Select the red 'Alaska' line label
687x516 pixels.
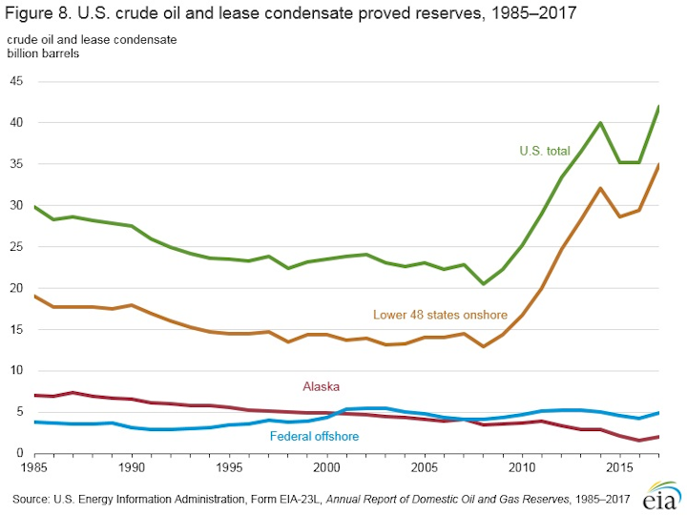tap(322, 386)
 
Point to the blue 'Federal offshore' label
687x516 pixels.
tap(315, 437)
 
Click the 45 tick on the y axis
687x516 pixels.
tap(17, 81)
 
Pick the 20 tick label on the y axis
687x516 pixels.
tap(17, 288)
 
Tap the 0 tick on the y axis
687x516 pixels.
tap(21, 454)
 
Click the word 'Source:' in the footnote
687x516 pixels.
tap(33, 498)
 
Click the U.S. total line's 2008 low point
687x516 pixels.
tap(484, 284)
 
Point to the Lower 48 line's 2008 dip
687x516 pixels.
tap(484, 346)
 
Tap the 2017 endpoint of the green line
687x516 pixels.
tap(658, 107)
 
